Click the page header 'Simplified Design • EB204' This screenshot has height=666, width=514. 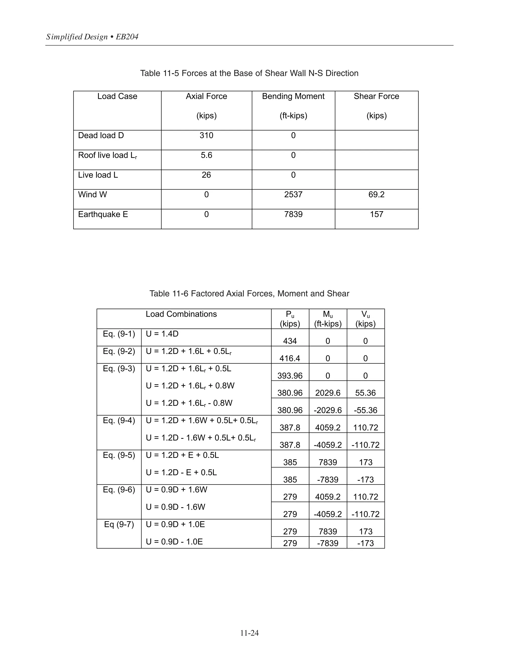[92, 37]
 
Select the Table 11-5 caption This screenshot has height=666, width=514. [249, 73]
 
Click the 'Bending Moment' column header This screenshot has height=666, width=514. [293, 96]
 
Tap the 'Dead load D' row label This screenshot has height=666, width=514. [101, 135]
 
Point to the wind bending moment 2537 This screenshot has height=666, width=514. [293, 195]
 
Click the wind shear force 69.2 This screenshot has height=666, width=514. [376, 195]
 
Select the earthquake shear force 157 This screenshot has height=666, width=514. [376, 214]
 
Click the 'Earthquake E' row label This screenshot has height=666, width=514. [103, 214]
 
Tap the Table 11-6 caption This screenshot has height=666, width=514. [249, 294]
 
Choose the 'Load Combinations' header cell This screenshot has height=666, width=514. [181, 314]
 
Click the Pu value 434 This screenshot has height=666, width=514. [290, 341]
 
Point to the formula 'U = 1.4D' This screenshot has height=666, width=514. [162, 334]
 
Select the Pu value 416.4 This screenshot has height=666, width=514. [290, 358]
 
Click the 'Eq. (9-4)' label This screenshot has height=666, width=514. [119, 420]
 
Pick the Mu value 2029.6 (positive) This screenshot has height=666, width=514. [328, 393]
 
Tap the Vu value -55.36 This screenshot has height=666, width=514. [365, 410]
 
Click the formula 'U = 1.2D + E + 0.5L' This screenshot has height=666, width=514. [182, 455]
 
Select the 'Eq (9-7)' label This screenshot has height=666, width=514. [119, 525]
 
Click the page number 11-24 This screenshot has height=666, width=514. [249, 633]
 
